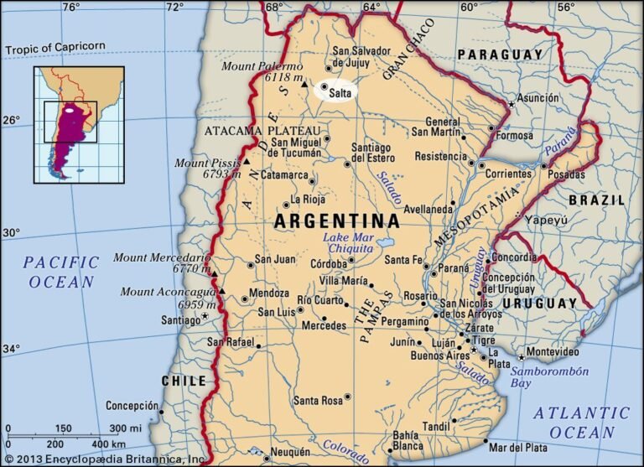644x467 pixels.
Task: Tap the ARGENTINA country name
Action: (x=337, y=222)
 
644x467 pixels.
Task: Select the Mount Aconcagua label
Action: (x=165, y=292)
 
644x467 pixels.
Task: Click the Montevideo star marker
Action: (x=521, y=356)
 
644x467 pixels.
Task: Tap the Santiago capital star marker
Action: (x=205, y=317)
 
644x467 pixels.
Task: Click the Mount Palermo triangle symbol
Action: (x=304, y=84)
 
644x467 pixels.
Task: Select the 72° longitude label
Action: (x=174, y=8)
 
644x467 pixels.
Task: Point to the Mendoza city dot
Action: (x=245, y=298)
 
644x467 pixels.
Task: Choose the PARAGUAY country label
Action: (x=501, y=55)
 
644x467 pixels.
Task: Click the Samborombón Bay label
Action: (x=551, y=377)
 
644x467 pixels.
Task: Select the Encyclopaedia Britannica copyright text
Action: (x=104, y=459)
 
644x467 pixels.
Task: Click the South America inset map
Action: (x=79, y=124)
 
